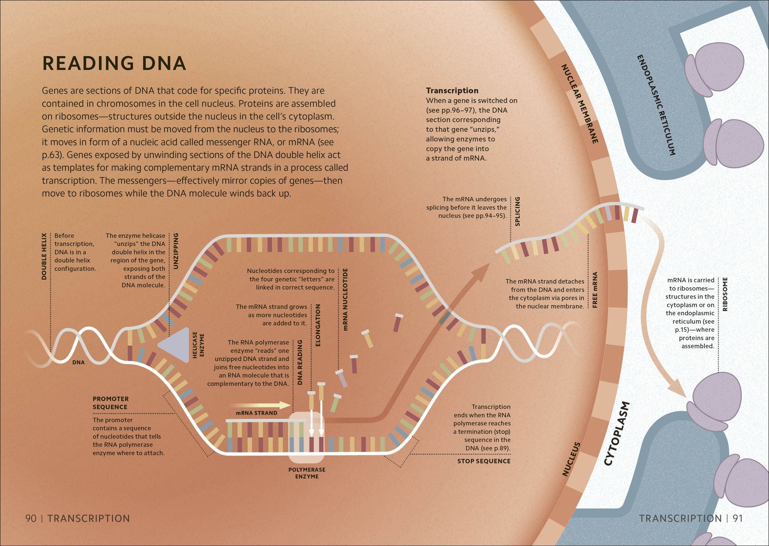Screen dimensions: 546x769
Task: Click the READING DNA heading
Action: click(x=114, y=63)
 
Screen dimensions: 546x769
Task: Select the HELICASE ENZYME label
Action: click(x=198, y=345)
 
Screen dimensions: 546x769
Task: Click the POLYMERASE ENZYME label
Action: click(x=307, y=473)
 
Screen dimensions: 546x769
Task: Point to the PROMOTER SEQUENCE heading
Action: click(x=111, y=403)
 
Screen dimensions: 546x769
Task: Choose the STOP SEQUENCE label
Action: click(x=484, y=461)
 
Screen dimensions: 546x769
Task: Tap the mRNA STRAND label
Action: click(x=256, y=413)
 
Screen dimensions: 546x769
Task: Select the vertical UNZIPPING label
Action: click(x=176, y=251)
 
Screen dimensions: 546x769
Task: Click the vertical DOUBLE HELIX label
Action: click(x=44, y=256)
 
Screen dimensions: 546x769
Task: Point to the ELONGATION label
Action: click(x=318, y=325)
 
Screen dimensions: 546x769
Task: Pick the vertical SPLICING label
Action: click(x=517, y=211)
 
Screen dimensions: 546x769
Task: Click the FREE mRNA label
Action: click(x=595, y=290)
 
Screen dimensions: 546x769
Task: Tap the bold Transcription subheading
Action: click(x=452, y=90)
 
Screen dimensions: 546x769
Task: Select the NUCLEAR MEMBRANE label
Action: click(x=580, y=104)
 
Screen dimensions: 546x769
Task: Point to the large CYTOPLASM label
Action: click(x=616, y=434)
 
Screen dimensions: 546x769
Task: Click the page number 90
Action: click(x=31, y=518)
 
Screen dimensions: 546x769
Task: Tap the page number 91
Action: click(x=737, y=518)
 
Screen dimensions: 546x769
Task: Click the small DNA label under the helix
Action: click(x=78, y=362)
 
